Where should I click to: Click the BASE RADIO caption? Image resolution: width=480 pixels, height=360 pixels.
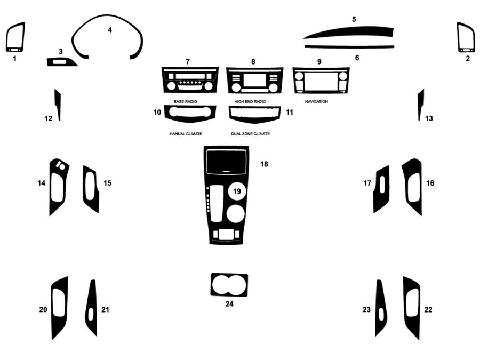pos(185,101)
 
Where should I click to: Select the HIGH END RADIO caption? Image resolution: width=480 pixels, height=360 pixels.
pos(250,101)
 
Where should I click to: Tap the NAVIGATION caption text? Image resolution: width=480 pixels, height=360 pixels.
pos(316,101)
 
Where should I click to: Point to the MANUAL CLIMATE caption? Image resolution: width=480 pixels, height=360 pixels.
pos(186,134)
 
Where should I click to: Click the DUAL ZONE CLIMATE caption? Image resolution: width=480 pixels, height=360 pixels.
pos(250,134)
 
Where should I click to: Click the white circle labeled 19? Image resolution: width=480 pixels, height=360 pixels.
pos(236,191)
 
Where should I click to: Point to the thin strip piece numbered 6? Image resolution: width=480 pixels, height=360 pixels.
pos(349,47)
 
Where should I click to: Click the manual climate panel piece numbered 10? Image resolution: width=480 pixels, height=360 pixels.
pos(190,113)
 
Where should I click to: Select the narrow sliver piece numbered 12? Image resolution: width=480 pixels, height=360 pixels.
pos(58,105)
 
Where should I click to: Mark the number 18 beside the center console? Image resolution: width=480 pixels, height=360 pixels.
pos(264,164)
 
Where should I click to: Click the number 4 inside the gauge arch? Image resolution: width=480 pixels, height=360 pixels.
pos(110,30)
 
